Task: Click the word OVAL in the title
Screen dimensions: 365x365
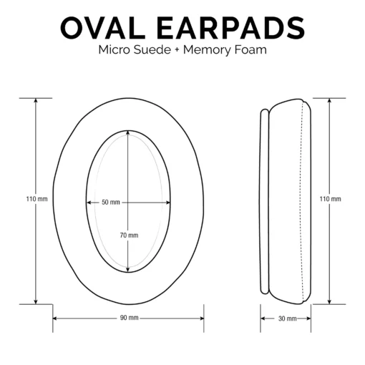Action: pyautogui.click(x=103, y=28)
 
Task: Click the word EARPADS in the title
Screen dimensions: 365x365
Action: pyautogui.click(x=230, y=28)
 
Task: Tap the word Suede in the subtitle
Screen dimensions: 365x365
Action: pyautogui.click(x=152, y=50)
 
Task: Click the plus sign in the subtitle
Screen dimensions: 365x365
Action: pyautogui.click(x=177, y=50)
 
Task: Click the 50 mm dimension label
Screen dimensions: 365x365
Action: pyautogui.click(x=111, y=203)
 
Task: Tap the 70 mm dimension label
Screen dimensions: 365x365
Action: pyautogui.click(x=129, y=235)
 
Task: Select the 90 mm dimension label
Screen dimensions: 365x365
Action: pyautogui.click(x=130, y=318)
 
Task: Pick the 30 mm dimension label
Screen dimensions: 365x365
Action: pyautogui.click(x=287, y=318)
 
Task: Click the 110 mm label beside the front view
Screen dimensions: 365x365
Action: pyautogui.click(x=36, y=199)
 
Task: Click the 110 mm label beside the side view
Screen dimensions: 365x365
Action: pyautogui.click(x=331, y=199)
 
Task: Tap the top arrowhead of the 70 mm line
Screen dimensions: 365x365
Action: pyautogui.click(x=128, y=133)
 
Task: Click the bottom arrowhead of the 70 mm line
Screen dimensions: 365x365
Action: pyautogui.click(x=128, y=270)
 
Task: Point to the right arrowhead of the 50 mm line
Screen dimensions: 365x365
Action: pyautogui.click(x=168, y=203)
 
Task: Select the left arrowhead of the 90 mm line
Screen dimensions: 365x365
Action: pyautogui.click(x=55, y=318)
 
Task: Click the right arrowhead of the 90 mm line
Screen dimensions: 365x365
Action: pyautogui.click(x=201, y=318)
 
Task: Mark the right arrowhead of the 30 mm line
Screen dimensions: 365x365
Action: pyautogui.click(x=308, y=318)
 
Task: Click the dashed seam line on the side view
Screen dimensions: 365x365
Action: pyautogui.click(x=301, y=202)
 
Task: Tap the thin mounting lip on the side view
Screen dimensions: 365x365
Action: pyautogui.click(x=265, y=202)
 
